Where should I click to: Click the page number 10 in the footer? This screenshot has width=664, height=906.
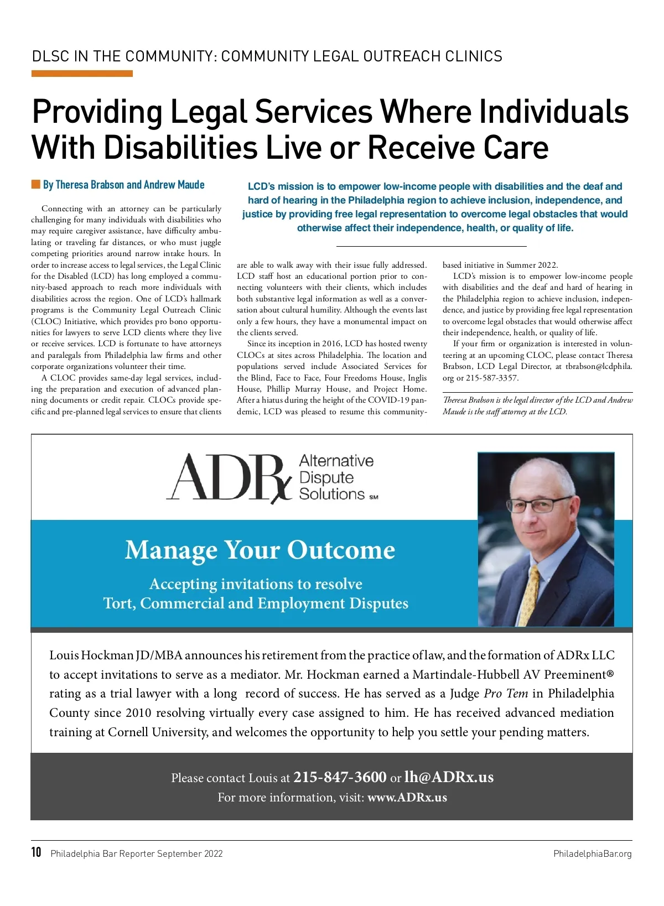click(37, 852)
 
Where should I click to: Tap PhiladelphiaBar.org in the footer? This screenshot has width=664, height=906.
click(592, 854)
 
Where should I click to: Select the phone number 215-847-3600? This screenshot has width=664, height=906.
click(340, 777)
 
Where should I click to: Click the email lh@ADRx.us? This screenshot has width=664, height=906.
click(449, 777)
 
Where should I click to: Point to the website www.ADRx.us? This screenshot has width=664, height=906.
click(407, 798)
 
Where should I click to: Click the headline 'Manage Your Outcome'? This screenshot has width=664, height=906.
click(260, 550)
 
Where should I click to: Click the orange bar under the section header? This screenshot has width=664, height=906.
click(82, 74)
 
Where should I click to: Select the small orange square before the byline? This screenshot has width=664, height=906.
click(35, 184)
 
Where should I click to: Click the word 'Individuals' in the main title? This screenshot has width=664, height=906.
click(553, 112)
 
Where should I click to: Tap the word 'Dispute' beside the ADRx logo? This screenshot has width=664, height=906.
click(326, 477)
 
